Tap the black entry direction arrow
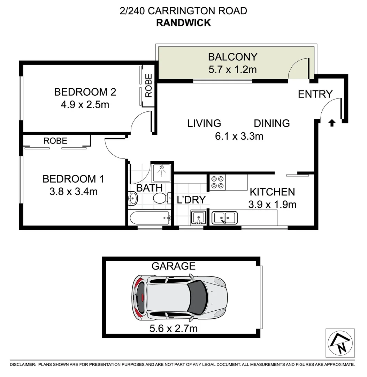point(332,123)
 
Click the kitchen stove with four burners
point(218,182)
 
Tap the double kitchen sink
point(224,218)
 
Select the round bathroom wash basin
point(133,199)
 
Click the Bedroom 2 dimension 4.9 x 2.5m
point(85,104)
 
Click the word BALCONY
point(232,57)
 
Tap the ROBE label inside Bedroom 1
point(55,141)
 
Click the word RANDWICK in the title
point(183,23)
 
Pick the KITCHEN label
point(272,192)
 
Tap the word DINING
point(272,123)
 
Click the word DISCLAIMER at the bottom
point(22,365)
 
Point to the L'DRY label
point(191,200)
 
